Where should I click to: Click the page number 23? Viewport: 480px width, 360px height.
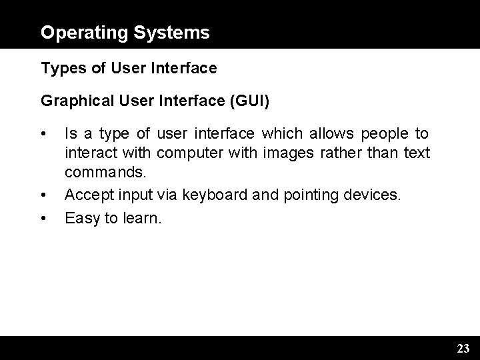[x=463, y=348]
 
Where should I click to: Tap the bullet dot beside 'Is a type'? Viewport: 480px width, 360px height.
[x=43, y=135]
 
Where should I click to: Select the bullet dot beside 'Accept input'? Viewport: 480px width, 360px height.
[x=43, y=196]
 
